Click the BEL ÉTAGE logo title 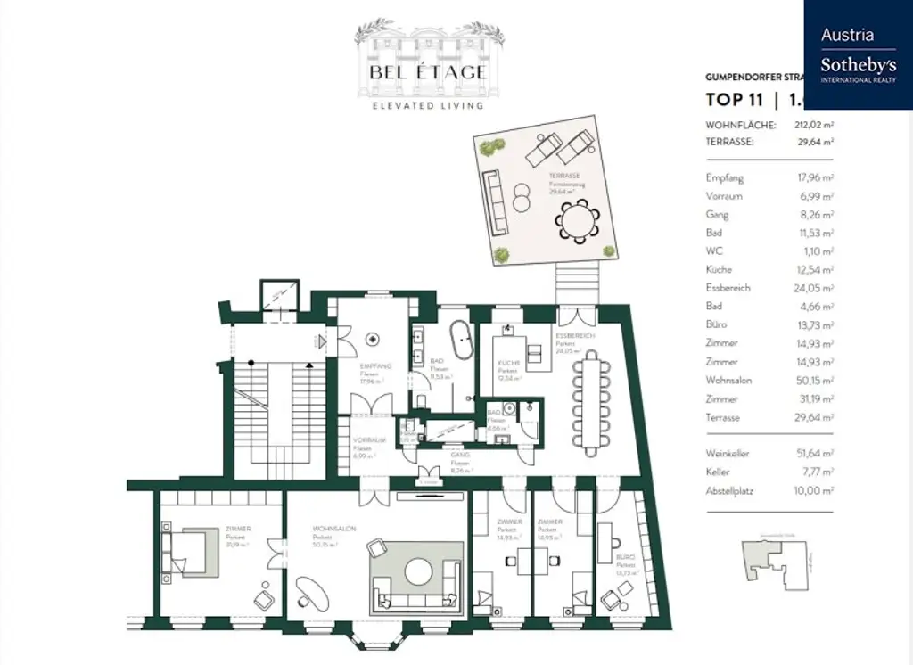coord(430,72)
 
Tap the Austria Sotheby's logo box coord(858,54)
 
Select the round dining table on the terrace coord(577,219)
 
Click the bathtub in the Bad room coord(461,341)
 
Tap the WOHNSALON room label coord(334,529)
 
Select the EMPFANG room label coord(371,366)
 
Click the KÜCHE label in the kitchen coord(509,363)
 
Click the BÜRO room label coord(626,558)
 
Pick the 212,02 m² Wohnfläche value coord(814,126)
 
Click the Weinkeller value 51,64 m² coord(814,454)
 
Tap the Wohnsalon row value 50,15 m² coord(814,381)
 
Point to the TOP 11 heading coord(730,100)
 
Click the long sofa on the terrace coord(494,201)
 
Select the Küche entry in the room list coord(719,269)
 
